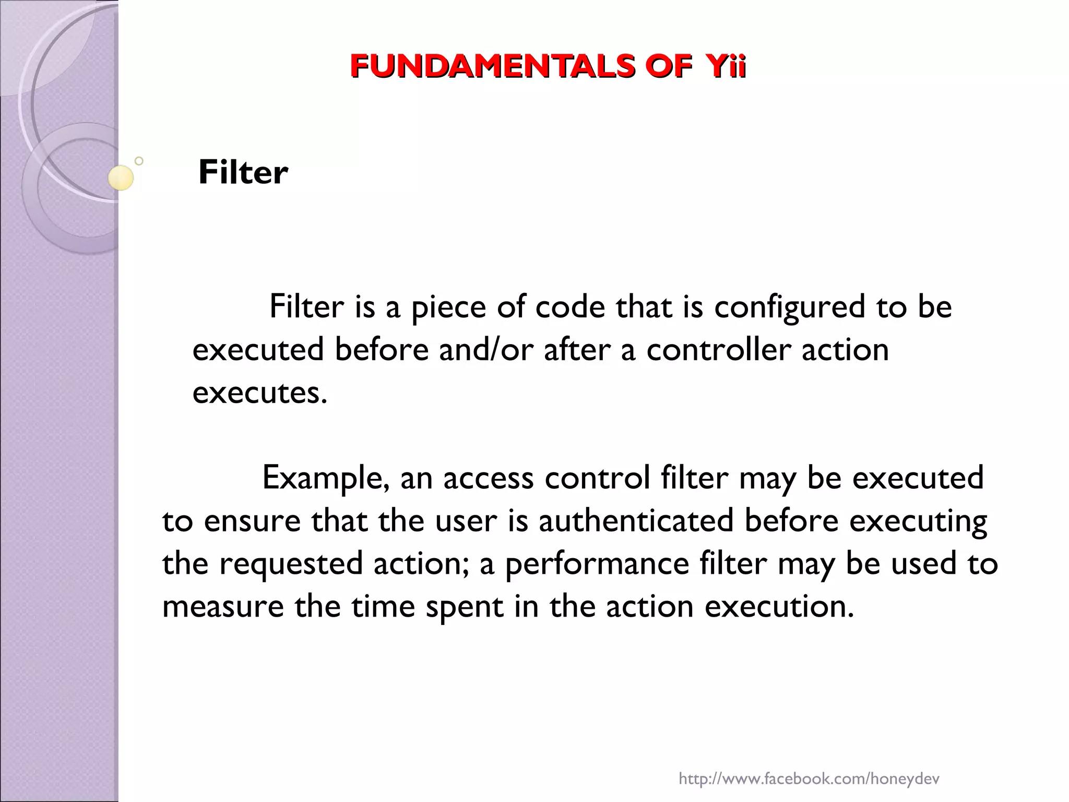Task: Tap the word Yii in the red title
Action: click(x=726, y=66)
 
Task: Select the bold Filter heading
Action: click(x=243, y=172)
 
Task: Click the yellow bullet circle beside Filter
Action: click(x=121, y=178)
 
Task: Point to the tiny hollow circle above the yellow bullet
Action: click(x=139, y=161)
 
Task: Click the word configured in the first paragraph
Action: click(x=789, y=307)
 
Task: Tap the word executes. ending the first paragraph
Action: click(x=260, y=393)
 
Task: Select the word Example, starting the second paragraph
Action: click(x=326, y=478)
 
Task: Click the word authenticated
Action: click(x=636, y=521)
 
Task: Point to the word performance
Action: click(x=597, y=564)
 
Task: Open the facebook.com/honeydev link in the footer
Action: click(x=809, y=765)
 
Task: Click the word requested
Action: click(x=290, y=564)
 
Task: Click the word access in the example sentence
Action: click(x=488, y=478)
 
